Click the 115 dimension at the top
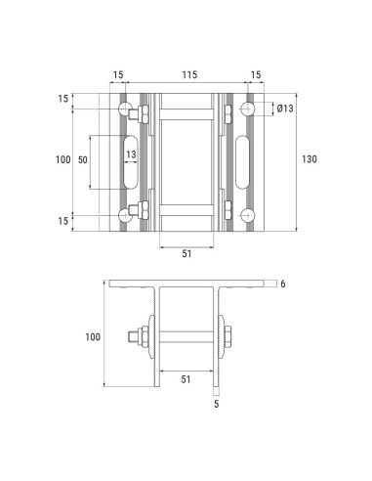pyautogui.click(x=186, y=74)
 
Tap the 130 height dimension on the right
pyautogui.click(x=310, y=159)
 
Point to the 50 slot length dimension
pyautogui.click(x=83, y=159)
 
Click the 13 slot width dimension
pyautogui.click(x=130, y=153)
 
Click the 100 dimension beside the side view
pyautogui.click(x=93, y=337)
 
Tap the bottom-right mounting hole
pyautogui.click(x=247, y=215)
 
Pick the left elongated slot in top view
pyautogui.click(x=131, y=160)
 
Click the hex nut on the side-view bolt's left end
pyautogui.click(x=142, y=338)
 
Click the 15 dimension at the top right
pyautogui.click(x=256, y=74)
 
